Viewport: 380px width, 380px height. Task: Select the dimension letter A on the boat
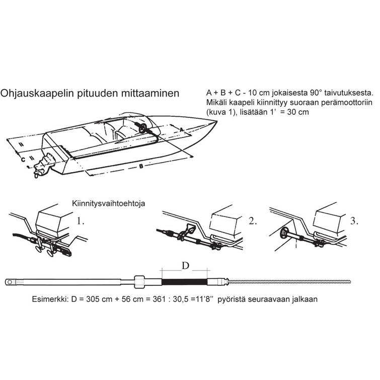[x=182, y=129]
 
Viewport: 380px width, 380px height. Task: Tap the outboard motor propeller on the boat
[x=38, y=174]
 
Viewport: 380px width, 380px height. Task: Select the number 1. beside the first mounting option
[x=82, y=220]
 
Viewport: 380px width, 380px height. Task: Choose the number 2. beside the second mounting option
[x=252, y=220]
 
